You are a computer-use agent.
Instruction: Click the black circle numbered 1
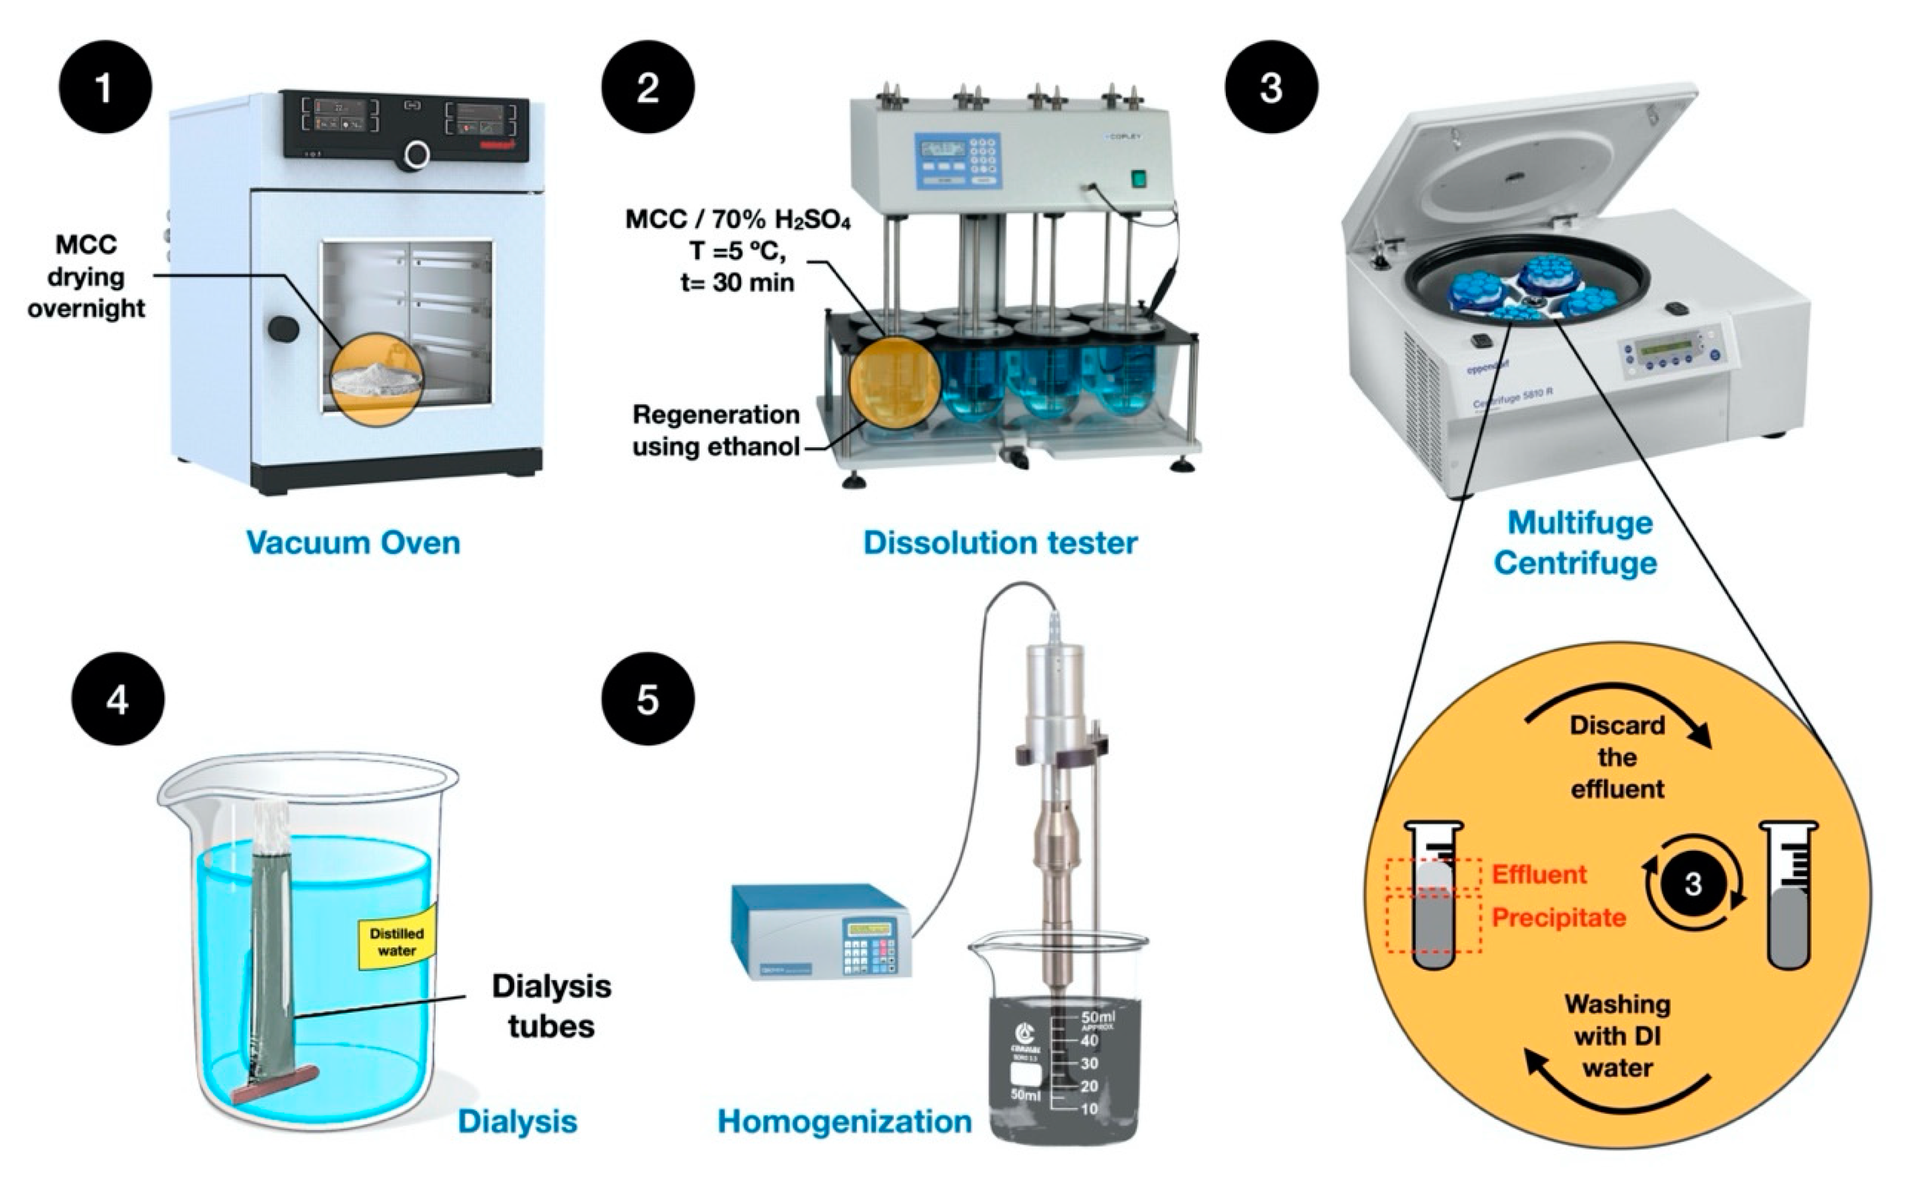coord(104,87)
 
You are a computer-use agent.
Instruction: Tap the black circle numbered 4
coord(117,699)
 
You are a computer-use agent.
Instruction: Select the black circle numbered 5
coord(647,699)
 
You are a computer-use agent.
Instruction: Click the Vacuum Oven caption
coord(353,542)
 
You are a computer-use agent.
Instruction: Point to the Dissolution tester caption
coord(1000,542)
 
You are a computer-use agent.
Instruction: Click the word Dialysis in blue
coord(517,1121)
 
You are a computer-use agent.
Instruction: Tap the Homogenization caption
coord(844,1121)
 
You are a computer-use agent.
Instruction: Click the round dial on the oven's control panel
coord(417,154)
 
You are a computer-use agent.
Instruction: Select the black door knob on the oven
coord(283,328)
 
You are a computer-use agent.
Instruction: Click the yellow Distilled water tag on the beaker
coord(396,941)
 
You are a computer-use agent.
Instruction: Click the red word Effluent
coord(1538,874)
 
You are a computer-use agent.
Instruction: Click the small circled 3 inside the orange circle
coord(1693,884)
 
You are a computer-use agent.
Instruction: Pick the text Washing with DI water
coord(1617,1035)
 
